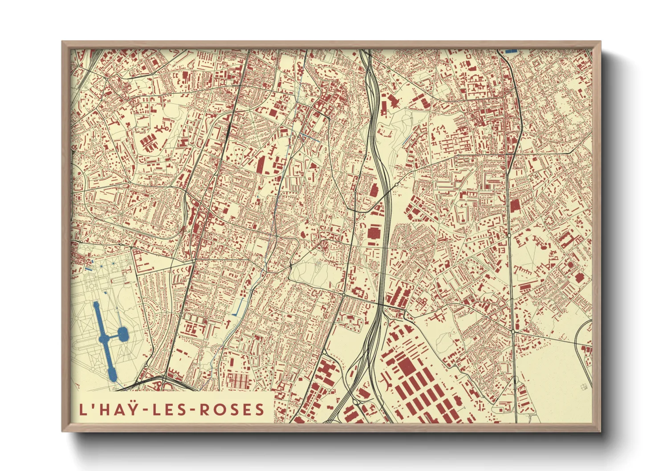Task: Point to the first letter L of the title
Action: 82,409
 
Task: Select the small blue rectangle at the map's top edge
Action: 511,51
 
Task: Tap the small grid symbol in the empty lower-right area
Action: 584,387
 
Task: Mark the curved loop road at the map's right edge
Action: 581,338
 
